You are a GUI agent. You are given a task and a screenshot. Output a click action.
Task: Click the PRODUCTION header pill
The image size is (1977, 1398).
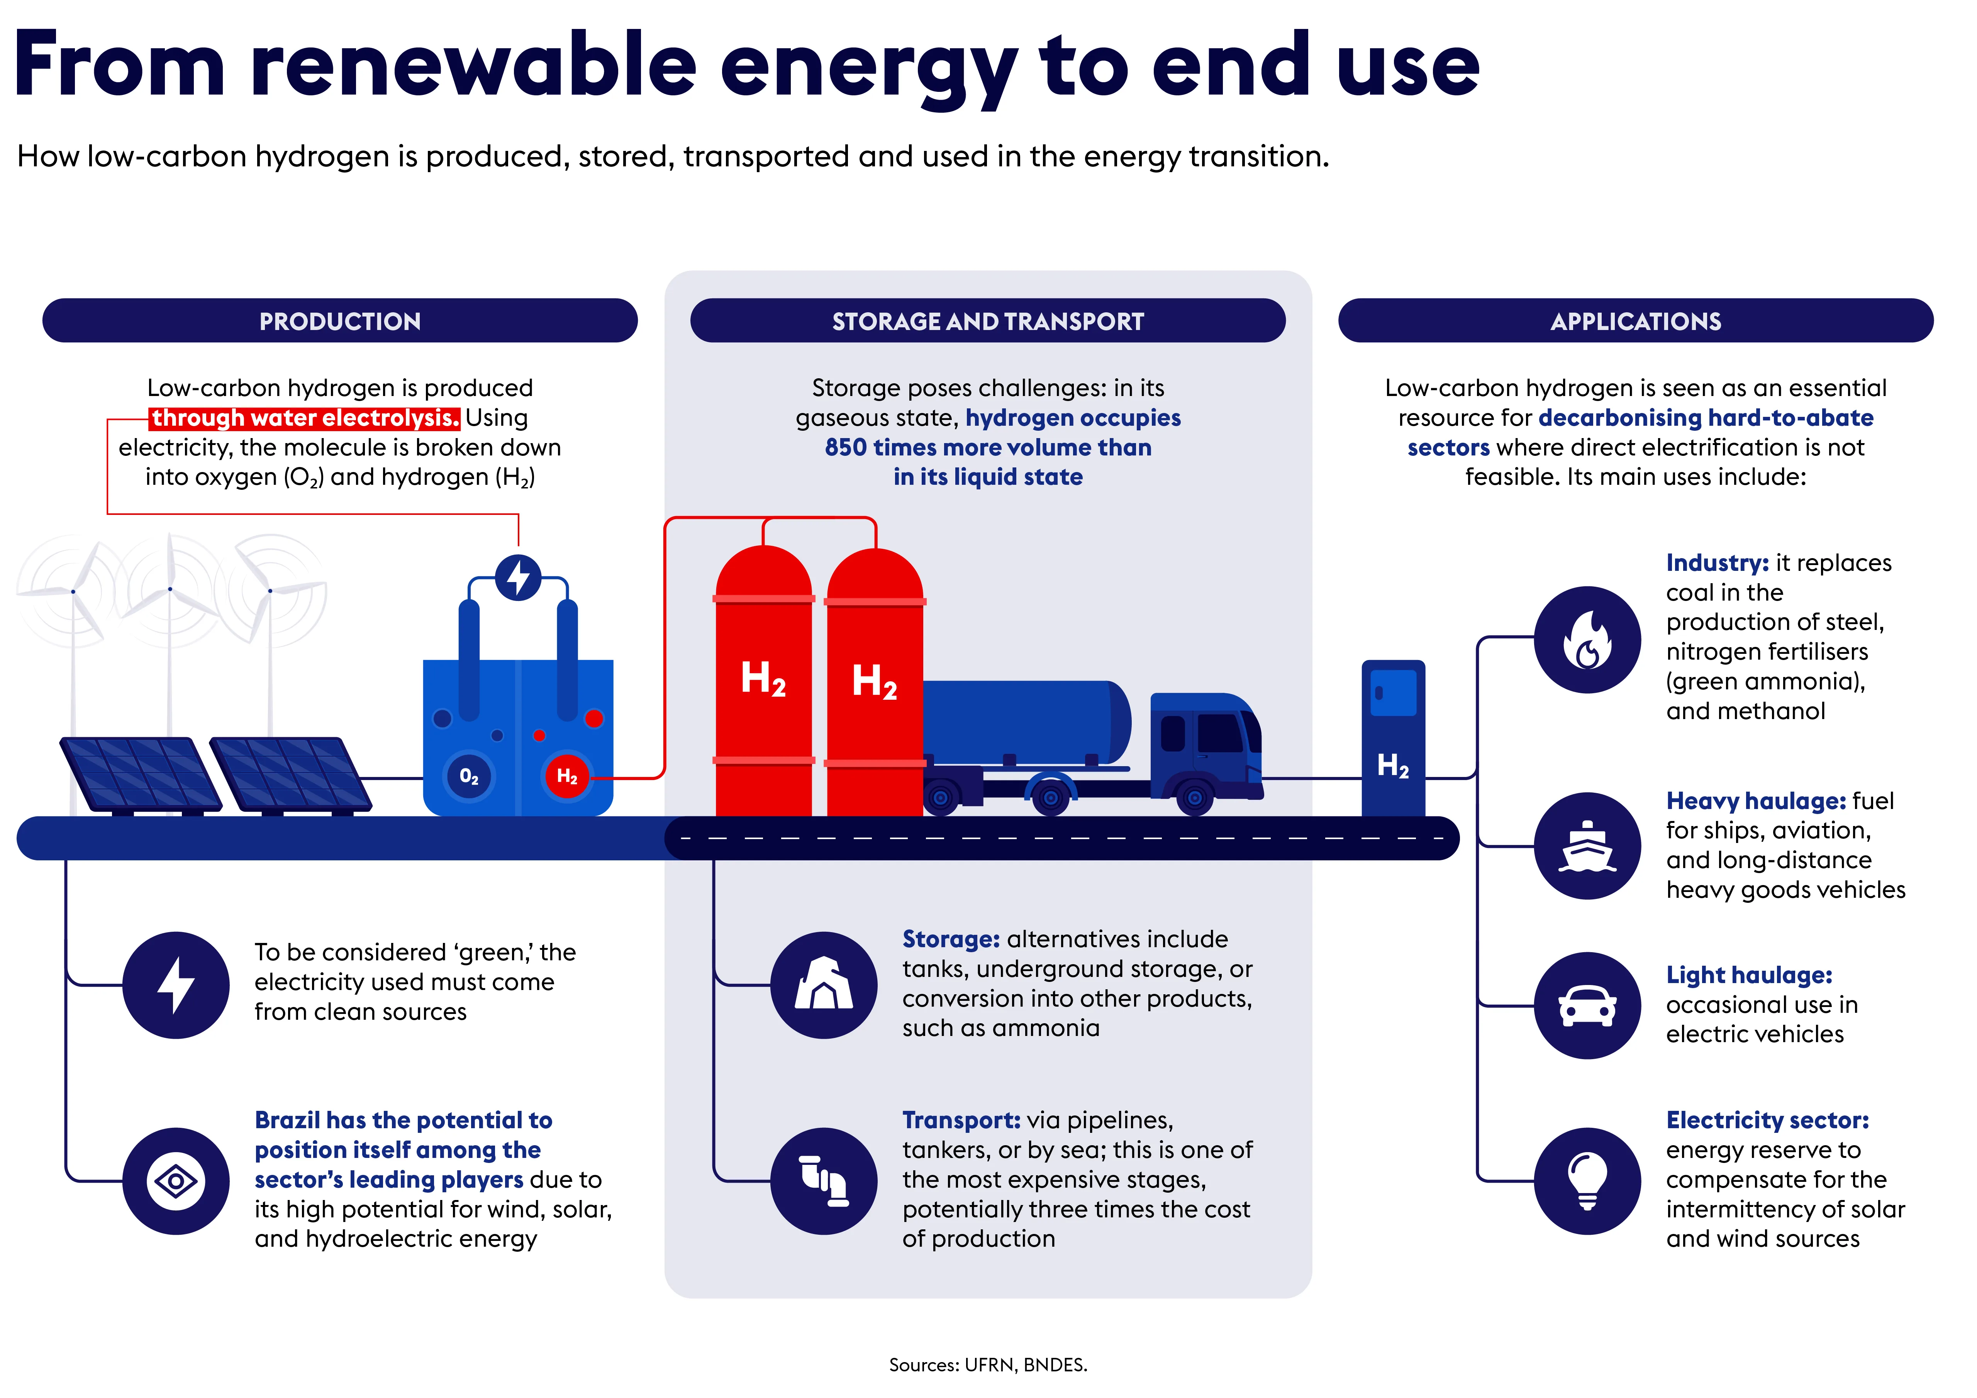[340, 321]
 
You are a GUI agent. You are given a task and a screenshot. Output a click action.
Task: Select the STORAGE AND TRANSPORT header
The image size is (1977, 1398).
[988, 321]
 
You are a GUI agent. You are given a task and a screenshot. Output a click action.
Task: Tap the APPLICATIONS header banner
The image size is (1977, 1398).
[1636, 321]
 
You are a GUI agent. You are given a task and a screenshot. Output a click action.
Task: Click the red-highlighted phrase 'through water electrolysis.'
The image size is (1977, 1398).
[305, 418]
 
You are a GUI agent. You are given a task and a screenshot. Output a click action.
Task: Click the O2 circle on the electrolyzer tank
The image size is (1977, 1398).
[468, 777]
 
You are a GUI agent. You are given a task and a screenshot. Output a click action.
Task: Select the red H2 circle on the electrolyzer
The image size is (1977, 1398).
[566, 777]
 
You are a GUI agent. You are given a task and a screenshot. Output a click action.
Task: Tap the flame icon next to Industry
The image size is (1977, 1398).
[1588, 640]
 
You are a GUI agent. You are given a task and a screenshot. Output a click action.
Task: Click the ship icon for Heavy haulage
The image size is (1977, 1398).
[1588, 846]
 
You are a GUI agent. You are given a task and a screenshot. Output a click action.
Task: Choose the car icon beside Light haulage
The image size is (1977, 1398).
[1588, 1005]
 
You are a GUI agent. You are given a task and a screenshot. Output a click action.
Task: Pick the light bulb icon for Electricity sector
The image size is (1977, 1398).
[1588, 1181]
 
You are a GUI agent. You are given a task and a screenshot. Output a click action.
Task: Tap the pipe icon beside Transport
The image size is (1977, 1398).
[824, 1181]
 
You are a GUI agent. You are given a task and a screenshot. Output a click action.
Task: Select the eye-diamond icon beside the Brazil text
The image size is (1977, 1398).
[176, 1181]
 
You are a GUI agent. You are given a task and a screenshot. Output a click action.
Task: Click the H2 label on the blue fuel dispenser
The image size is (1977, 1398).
[1393, 765]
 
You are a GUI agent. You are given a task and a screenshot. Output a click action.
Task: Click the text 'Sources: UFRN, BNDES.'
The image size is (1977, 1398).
[988, 1364]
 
